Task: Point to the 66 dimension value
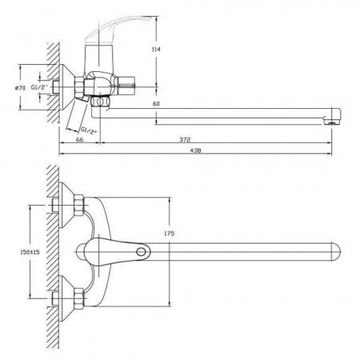coord(78,138)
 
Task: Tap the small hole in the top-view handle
coord(142,253)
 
